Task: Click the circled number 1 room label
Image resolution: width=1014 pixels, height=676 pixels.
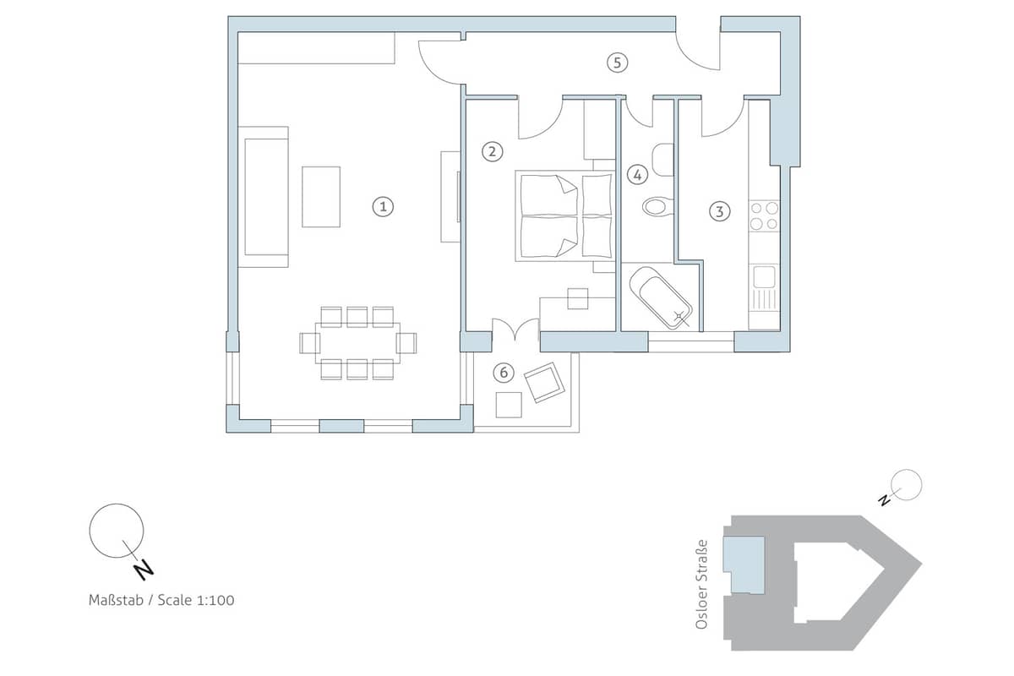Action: tap(383, 207)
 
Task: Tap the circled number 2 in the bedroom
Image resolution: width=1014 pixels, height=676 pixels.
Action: tap(492, 152)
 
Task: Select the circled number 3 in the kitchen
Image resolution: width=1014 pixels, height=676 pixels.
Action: tap(719, 211)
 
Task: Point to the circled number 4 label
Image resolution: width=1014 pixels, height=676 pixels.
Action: tap(637, 175)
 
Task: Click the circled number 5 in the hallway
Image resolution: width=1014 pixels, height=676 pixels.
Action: tap(618, 63)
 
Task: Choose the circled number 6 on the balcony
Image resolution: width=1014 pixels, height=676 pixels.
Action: tap(504, 373)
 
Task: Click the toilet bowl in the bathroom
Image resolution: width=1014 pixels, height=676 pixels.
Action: tap(657, 207)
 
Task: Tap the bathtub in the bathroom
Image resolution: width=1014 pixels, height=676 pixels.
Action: tap(661, 297)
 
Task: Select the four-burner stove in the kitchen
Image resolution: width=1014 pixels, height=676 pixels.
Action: tap(764, 216)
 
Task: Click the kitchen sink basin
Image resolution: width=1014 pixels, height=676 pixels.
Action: tap(764, 276)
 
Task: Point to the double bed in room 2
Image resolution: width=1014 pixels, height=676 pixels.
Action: tap(564, 216)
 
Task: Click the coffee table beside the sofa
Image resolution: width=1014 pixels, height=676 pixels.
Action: tap(321, 197)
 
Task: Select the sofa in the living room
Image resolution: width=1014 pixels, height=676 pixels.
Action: tap(263, 197)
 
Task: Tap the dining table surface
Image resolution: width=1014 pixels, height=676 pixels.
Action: tap(357, 343)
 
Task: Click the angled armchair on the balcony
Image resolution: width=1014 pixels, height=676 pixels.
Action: tap(544, 382)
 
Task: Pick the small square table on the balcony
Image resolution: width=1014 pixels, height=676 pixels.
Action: tap(509, 405)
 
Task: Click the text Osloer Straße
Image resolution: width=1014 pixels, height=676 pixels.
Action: tap(701, 584)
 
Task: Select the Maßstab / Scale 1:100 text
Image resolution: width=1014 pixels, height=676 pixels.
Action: tap(161, 601)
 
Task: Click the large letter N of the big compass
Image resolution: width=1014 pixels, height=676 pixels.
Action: tap(144, 570)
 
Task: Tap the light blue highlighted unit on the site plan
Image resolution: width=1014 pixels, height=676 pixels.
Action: tap(744, 565)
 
